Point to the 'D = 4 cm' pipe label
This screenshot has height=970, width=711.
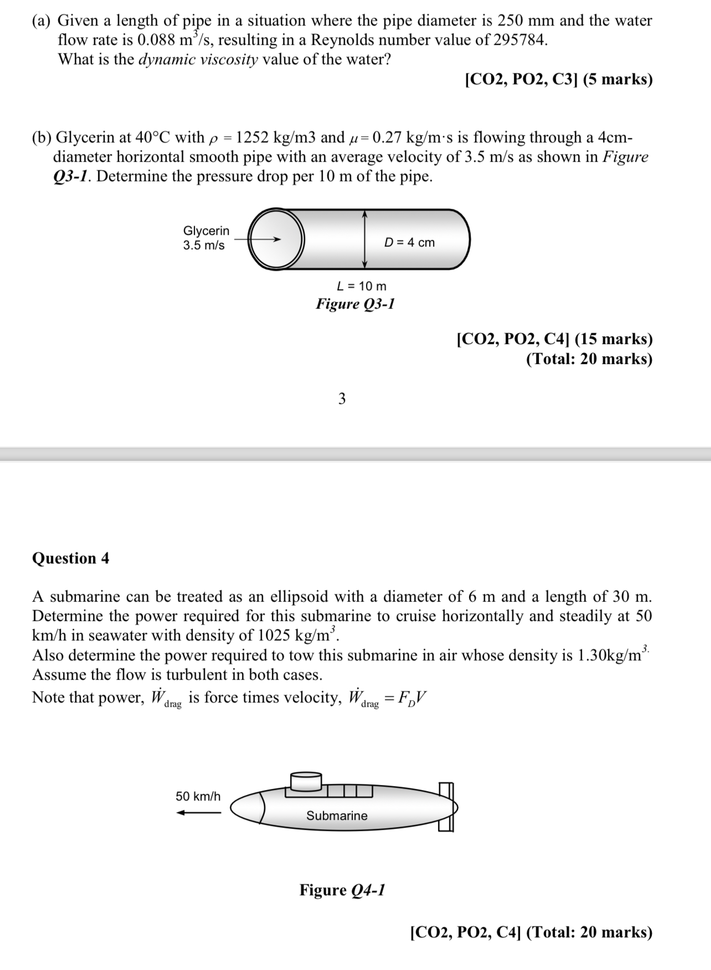click(x=409, y=243)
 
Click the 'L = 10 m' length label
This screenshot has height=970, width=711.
click(x=362, y=286)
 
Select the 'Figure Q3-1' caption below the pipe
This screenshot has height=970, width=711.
click(x=355, y=304)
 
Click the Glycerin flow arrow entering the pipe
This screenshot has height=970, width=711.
click(x=257, y=239)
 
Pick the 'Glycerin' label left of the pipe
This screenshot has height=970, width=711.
click(x=206, y=231)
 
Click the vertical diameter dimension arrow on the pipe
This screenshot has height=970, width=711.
click(x=364, y=239)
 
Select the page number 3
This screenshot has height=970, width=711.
click(x=342, y=399)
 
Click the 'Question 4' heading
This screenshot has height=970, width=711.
click(x=71, y=558)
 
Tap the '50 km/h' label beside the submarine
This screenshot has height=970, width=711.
click(x=198, y=796)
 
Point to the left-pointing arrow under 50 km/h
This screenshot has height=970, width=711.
click(x=198, y=813)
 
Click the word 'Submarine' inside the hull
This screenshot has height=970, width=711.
click(x=337, y=815)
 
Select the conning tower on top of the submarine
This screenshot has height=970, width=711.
click(x=306, y=782)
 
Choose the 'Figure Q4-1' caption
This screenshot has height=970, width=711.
click(x=342, y=890)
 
